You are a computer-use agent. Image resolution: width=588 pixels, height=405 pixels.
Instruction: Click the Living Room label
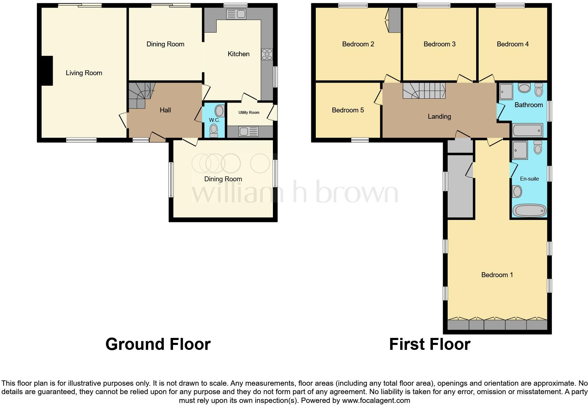tap(84, 73)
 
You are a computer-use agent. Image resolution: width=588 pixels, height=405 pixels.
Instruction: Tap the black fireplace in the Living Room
tap(47, 71)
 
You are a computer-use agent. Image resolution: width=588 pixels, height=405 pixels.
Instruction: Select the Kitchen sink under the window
tap(236, 14)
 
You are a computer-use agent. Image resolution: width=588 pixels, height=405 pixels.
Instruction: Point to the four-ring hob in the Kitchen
tap(267, 54)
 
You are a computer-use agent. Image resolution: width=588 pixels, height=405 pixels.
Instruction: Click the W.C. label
tap(214, 120)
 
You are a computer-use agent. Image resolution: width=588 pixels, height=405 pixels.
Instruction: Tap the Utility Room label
tap(249, 112)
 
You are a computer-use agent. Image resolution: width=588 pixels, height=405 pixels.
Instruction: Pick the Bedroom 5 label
tap(347, 110)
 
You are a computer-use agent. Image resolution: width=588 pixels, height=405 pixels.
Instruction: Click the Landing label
tap(439, 117)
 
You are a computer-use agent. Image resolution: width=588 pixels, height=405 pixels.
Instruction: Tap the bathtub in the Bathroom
tap(528, 131)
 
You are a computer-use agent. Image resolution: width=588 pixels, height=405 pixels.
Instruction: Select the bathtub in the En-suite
tap(529, 211)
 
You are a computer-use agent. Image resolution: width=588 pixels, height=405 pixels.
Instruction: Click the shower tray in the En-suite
tap(520, 150)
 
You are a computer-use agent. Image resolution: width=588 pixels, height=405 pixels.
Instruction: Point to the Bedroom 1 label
tap(497, 275)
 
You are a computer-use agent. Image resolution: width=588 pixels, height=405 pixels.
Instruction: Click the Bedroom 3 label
tap(439, 44)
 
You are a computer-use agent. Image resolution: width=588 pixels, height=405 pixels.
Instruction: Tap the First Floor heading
tap(429, 344)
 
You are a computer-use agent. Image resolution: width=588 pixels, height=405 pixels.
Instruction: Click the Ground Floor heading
tap(158, 344)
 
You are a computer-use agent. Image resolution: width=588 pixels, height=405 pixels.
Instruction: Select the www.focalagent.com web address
tap(376, 400)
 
